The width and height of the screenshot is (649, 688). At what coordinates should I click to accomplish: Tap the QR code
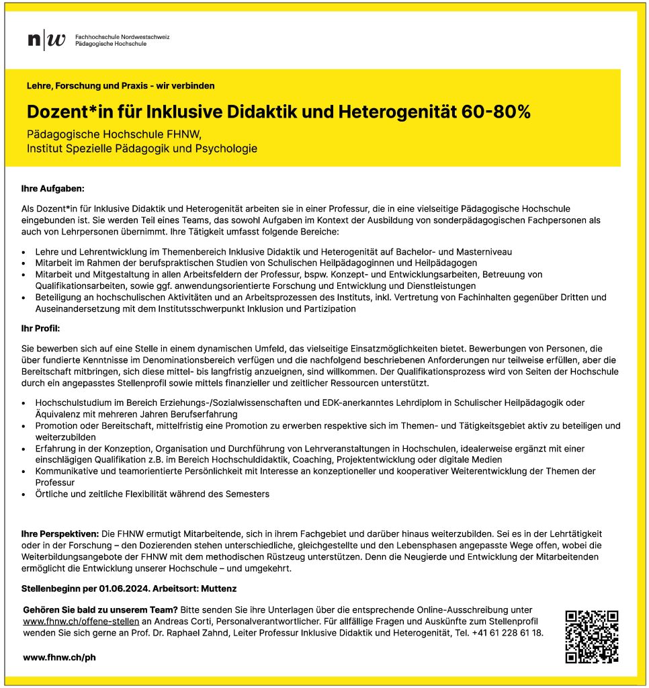tap(591, 636)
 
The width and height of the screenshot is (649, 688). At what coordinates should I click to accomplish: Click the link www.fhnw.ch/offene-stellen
tap(81, 621)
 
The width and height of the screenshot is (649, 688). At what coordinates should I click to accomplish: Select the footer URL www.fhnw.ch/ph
tap(59, 657)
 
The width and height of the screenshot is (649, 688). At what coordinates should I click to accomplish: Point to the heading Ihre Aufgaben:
tap(53, 190)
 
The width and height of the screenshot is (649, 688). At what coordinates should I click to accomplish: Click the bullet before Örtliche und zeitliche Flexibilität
tap(24, 494)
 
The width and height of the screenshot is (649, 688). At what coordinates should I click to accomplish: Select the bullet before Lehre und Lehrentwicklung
tap(24, 251)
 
